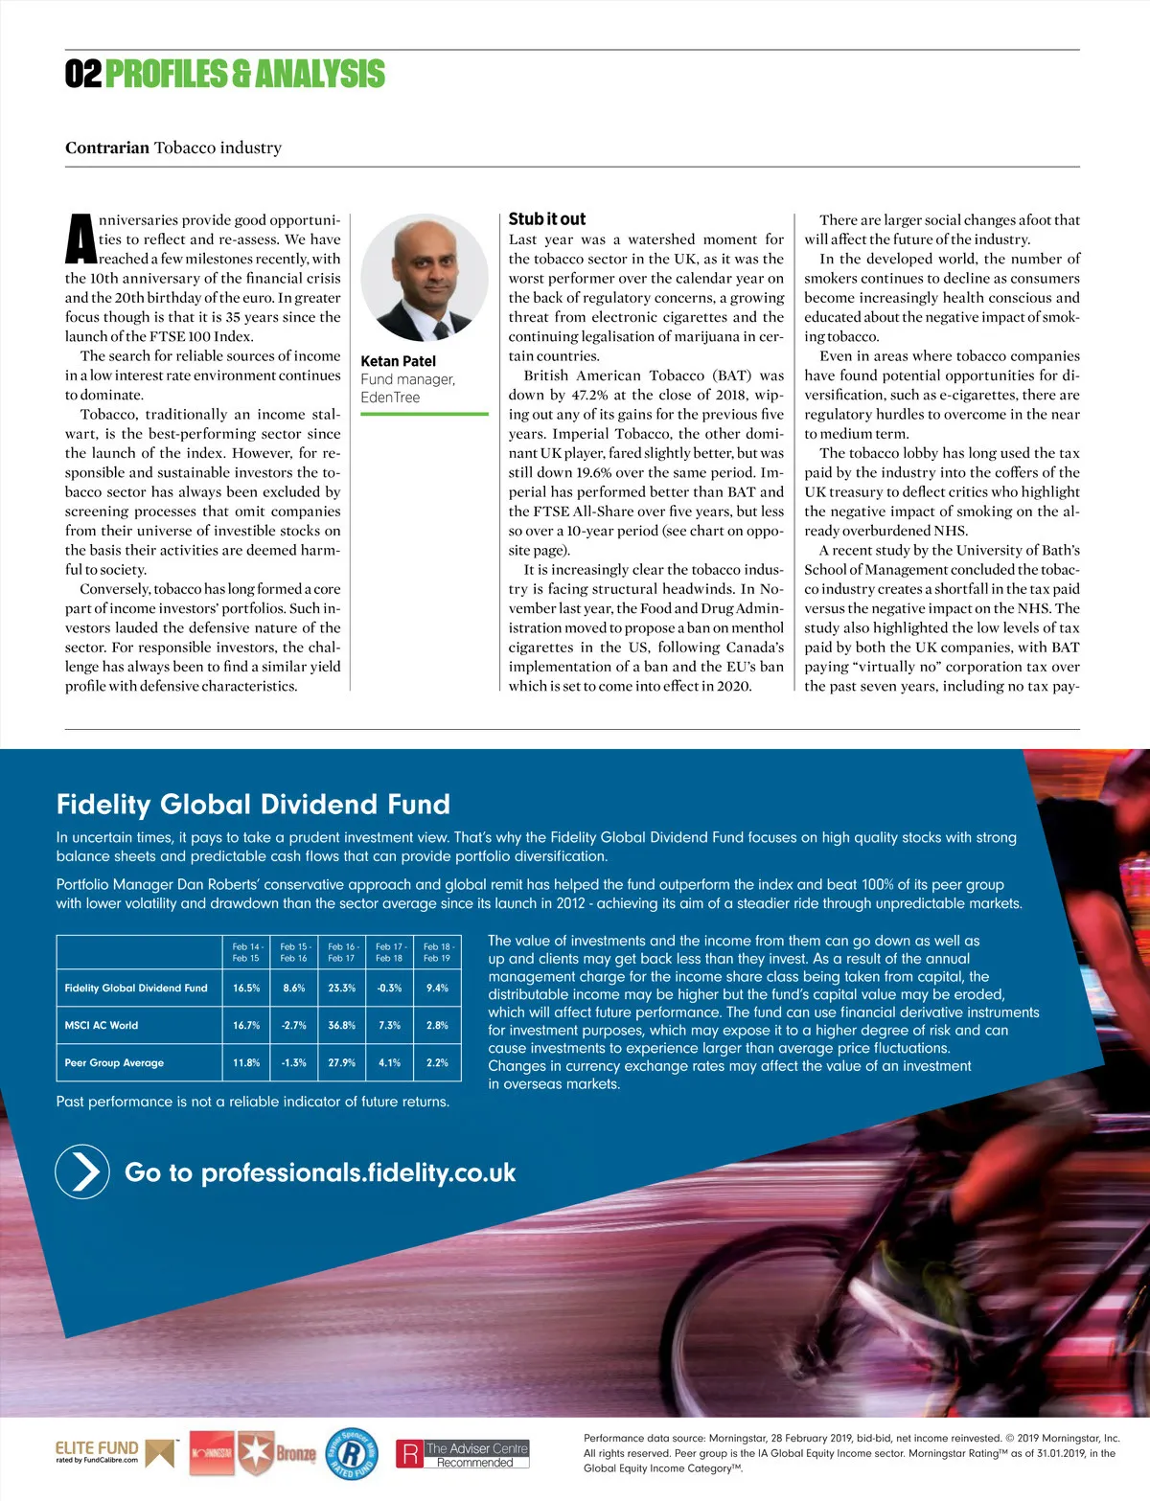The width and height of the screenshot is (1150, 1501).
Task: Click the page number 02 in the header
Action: (83, 74)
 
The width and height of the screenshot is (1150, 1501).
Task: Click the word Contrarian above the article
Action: (107, 148)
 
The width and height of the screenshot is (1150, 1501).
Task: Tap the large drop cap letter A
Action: (80, 239)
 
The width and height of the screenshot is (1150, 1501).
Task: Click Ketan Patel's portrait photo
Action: (425, 278)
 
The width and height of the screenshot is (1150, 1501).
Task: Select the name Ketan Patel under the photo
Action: (398, 361)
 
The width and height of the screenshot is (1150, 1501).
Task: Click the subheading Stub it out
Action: (546, 219)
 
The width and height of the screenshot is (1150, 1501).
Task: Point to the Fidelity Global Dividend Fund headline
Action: (253, 804)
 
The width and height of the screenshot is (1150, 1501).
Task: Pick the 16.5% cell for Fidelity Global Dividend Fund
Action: (246, 988)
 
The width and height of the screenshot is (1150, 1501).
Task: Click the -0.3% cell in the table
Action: (389, 988)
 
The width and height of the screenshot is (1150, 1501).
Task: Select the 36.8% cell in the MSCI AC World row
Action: (341, 1025)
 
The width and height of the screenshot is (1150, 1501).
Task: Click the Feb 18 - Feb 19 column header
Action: (437, 952)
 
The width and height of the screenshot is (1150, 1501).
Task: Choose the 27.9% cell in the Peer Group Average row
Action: (341, 1062)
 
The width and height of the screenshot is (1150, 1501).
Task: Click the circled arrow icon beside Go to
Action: (83, 1171)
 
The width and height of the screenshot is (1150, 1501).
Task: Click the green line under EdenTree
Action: (425, 415)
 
